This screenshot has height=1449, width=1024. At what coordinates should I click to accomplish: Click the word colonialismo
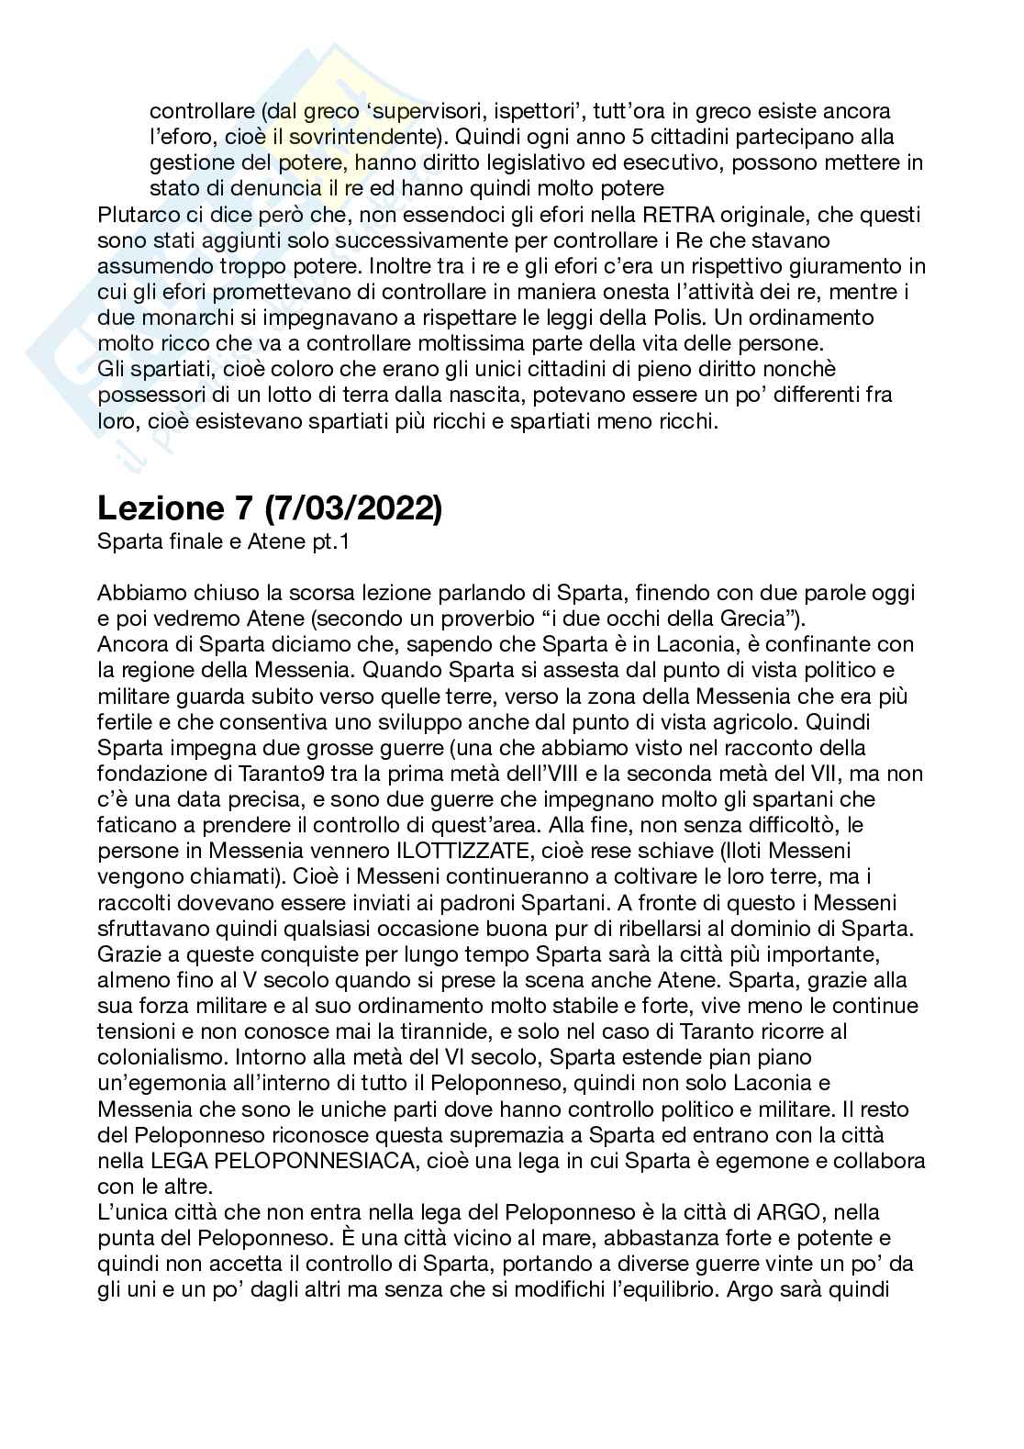[x=161, y=1057]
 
